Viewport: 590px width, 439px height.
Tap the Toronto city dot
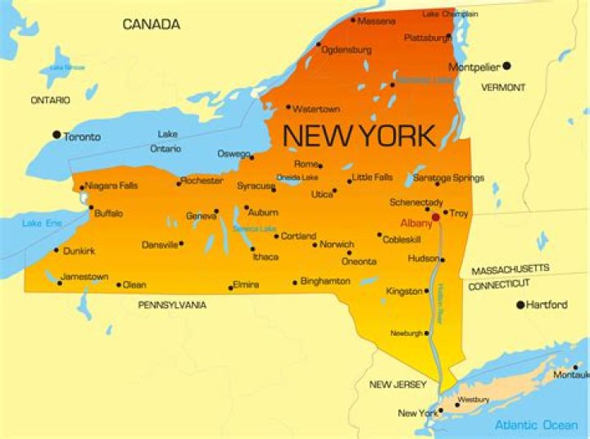[x=57, y=135]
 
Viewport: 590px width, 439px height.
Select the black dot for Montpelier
[x=506, y=66]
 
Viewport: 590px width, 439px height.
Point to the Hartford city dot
[x=520, y=305]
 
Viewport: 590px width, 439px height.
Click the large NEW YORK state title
[x=359, y=135]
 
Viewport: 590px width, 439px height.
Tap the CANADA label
[x=151, y=25]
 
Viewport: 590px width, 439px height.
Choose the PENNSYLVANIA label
[x=172, y=305]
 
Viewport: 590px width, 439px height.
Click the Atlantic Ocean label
[x=536, y=425]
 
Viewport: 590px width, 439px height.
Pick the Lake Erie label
[x=43, y=223]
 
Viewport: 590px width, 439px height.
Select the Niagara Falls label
[x=111, y=186]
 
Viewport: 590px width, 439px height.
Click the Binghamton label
[x=325, y=281]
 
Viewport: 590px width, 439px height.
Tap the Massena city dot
[x=353, y=20]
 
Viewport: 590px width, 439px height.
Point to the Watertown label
[x=317, y=107]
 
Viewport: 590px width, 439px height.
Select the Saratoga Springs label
[x=448, y=178]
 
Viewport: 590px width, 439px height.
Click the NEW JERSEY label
[x=397, y=385]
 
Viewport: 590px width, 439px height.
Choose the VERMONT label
[x=503, y=88]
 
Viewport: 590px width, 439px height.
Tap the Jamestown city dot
[x=59, y=283]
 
